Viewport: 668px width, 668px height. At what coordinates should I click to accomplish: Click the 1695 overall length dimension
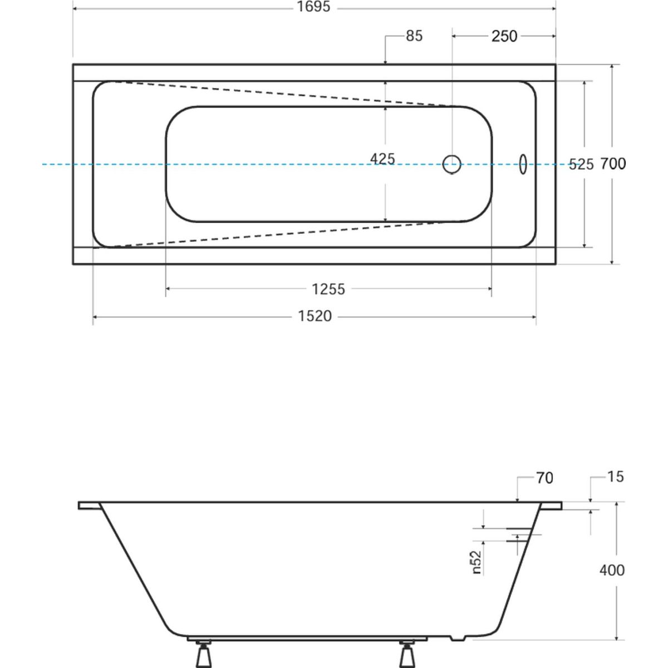(314, 7)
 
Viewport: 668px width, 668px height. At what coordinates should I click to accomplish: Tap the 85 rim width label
(414, 36)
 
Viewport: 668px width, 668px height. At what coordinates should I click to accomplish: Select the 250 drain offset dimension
(504, 36)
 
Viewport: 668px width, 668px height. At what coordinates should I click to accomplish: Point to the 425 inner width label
(382, 159)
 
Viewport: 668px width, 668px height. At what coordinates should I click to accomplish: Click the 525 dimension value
(581, 164)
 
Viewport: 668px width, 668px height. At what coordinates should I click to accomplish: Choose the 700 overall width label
(613, 164)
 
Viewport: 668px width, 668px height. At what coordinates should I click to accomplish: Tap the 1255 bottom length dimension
(328, 289)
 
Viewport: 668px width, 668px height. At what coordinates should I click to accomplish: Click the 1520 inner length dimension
(315, 316)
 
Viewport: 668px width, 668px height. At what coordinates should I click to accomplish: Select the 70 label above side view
(544, 478)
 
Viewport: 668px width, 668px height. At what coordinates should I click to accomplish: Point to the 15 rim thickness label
(616, 477)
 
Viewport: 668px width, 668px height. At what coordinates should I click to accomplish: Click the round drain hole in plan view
(451, 164)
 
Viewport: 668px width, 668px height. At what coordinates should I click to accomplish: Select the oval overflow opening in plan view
(523, 164)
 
